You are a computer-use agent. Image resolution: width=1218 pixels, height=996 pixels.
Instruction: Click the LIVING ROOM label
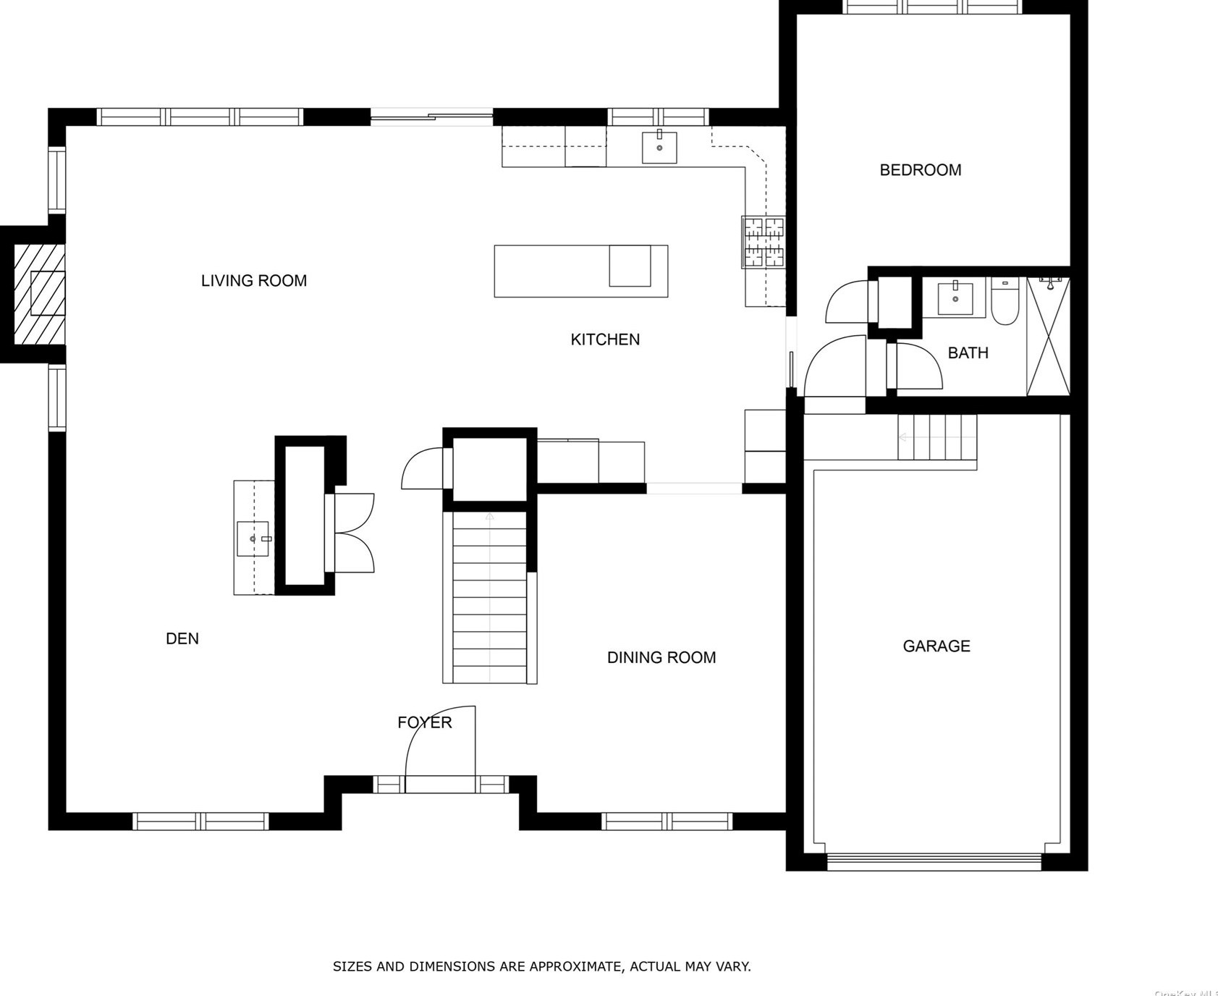pyautogui.click(x=253, y=281)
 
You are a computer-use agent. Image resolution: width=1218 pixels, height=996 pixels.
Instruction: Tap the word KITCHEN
pyautogui.click(x=604, y=339)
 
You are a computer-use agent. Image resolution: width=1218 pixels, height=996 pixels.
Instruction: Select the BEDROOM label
pyautogui.click(x=920, y=170)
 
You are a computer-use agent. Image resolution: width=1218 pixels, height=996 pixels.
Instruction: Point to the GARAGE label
pyautogui.click(x=936, y=646)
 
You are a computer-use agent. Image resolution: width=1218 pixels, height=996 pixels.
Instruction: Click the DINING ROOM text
pyautogui.click(x=661, y=658)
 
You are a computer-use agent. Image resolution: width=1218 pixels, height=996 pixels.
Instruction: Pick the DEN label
pyautogui.click(x=182, y=638)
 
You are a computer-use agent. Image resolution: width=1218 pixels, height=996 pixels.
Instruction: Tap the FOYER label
pyautogui.click(x=424, y=722)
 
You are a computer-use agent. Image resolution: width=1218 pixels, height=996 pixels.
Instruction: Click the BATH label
pyautogui.click(x=968, y=353)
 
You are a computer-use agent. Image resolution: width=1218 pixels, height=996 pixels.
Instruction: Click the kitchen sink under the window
pyautogui.click(x=659, y=148)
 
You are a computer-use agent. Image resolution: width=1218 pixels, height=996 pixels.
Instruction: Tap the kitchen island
pyautogui.click(x=580, y=271)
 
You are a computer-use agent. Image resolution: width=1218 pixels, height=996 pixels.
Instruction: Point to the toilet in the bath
pyautogui.click(x=1005, y=304)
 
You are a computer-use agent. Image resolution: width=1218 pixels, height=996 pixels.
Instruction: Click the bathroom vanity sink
pyautogui.click(x=955, y=298)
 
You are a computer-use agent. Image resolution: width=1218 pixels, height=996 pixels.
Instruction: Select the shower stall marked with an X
pyautogui.click(x=1048, y=337)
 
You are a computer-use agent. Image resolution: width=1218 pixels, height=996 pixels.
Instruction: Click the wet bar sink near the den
pyautogui.click(x=253, y=539)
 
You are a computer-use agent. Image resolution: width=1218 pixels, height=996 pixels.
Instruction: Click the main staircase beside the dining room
pyautogui.click(x=490, y=597)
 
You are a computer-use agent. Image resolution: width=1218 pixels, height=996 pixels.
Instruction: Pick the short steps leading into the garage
pyautogui.click(x=937, y=437)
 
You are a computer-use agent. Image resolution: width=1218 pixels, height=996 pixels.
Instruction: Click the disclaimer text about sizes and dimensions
pyautogui.click(x=541, y=966)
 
